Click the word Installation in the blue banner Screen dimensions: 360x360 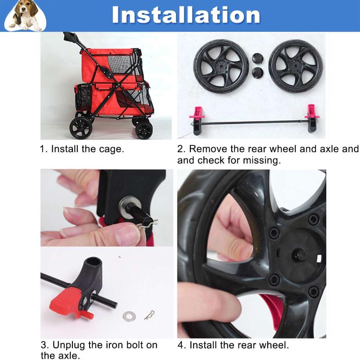click(186, 15)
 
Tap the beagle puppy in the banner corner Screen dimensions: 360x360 click(25, 15)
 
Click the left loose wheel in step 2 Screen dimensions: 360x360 click(221, 66)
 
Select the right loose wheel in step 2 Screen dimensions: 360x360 click(296, 66)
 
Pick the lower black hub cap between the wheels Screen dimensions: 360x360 click(257, 72)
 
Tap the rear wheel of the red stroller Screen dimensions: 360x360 click(81, 128)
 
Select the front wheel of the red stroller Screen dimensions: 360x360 click(144, 130)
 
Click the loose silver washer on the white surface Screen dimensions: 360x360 click(129, 316)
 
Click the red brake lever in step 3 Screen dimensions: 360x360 click(69, 301)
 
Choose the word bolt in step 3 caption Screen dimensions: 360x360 click(130, 345)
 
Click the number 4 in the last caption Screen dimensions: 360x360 click(180, 345)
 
